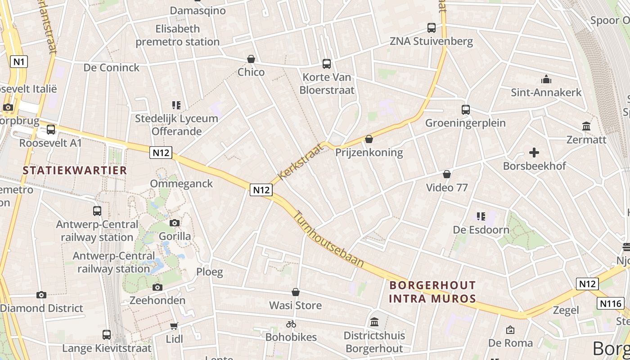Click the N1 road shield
pos(18,61)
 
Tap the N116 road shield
pos(610,303)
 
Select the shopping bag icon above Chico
pos(251,59)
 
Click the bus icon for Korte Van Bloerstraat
pos(327,64)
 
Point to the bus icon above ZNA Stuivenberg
pos(432,28)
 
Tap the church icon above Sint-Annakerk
pos(546,80)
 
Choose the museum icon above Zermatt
pos(586,126)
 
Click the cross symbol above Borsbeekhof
pos(534,153)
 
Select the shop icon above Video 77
pos(447,174)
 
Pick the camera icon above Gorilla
pos(175,223)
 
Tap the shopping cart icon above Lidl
pos(174,326)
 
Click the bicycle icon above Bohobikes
pos(291,324)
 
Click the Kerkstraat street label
pos(301,161)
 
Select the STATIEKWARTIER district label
pos(75,171)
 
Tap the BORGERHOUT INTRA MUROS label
pos(432,292)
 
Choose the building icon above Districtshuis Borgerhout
pos(374,322)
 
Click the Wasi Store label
pos(295,306)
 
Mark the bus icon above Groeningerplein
pos(466,109)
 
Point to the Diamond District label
pos(42,308)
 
